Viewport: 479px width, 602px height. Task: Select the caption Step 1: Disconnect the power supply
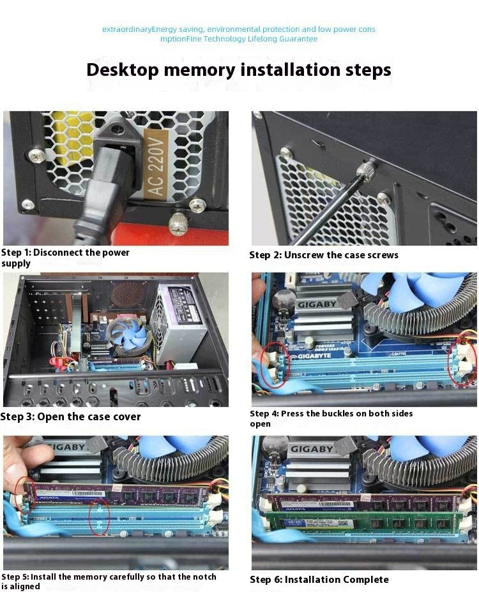point(65,258)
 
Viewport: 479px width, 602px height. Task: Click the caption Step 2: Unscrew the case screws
point(323,255)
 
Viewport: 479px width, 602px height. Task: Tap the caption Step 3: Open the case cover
point(70,416)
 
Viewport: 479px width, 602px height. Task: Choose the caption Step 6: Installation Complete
point(319,580)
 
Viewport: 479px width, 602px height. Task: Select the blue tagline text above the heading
point(239,34)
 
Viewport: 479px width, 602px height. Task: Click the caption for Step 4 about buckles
point(331,418)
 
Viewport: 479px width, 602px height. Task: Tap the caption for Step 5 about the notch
point(109,581)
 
